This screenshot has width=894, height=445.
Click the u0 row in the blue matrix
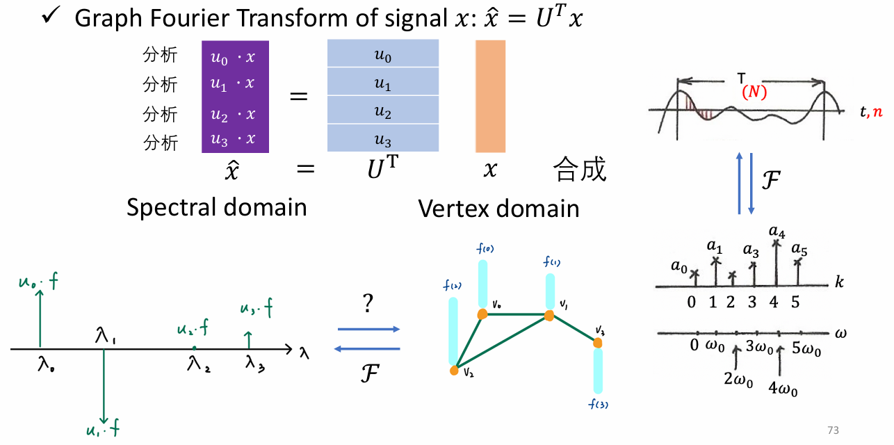click(x=383, y=54)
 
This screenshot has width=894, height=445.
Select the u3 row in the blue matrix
click(x=383, y=139)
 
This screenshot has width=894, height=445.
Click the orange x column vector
click(x=490, y=96)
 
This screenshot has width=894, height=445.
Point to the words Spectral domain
click(x=216, y=207)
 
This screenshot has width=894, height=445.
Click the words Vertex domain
click(x=498, y=207)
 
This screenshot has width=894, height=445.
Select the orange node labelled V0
click(x=481, y=314)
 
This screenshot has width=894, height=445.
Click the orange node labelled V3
click(x=597, y=342)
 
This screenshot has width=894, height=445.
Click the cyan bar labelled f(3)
click(x=598, y=371)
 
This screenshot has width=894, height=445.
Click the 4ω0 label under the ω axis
click(x=783, y=389)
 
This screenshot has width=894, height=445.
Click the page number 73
click(x=834, y=430)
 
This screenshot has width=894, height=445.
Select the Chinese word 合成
click(x=579, y=170)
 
